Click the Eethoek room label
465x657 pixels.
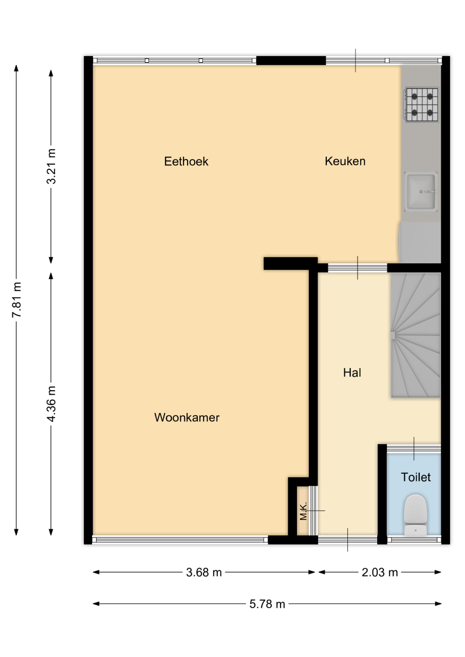coord(186,162)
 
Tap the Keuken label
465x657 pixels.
coord(345,161)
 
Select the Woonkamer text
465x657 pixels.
coord(187,418)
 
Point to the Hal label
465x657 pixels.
coord(352,373)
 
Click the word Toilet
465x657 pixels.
coord(416,477)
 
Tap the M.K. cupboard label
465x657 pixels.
coord(303,511)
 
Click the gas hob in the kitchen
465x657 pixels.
coord(422,104)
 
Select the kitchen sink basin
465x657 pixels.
coord(421,191)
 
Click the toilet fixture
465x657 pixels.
coord(415,515)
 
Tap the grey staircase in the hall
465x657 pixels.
coord(415,335)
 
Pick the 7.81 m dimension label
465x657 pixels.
coord(17,299)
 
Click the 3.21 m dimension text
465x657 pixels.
coord(51,166)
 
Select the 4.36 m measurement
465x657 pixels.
coord(51,404)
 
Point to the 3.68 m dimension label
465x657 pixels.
coord(204,572)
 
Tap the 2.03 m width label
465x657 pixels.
coord(380,572)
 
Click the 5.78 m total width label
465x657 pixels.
coord(267,604)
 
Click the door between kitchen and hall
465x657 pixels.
coord(357,268)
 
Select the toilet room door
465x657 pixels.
coord(414,449)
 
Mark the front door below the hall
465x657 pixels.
coord(347,539)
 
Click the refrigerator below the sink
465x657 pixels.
coord(420,242)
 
